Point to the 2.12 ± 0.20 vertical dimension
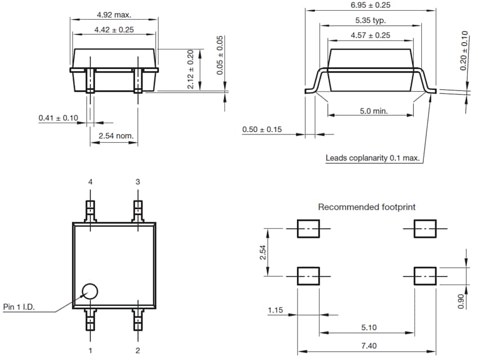point(190,69)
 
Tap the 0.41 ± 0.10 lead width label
point(58,118)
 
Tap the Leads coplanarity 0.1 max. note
point(373,158)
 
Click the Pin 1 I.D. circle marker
point(89,291)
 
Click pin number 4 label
point(89,182)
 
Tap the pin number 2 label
point(138,350)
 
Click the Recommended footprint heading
point(367,207)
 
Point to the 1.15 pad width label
point(275,310)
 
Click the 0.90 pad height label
point(461,301)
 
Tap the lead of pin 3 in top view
point(138,211)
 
